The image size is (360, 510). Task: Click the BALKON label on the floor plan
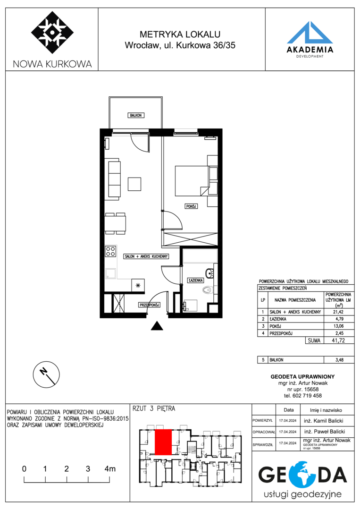click(x=135, y=116)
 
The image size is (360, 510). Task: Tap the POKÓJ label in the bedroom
click(x=191, y=206)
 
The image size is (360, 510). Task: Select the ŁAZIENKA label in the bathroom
click(x=196, y=280)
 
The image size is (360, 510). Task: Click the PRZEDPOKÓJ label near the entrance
click(x=149, y=305)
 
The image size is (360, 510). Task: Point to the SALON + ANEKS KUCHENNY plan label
click(x=146, y=256)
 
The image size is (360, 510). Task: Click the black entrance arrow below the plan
click(x=157, y=325)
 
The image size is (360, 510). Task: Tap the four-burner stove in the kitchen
click(x=110, y=251)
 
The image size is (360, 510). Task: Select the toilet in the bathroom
click(x=207, y=289)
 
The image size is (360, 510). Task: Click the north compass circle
click(x=46, y=374)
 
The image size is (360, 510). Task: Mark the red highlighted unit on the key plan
click(x=163, y=442)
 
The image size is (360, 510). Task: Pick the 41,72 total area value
click(x=339, y=340)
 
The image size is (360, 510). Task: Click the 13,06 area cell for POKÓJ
click(x=339, y=326)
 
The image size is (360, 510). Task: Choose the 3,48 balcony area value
click(x=339, y=360)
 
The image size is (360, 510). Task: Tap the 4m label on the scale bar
click(x=110, y=469)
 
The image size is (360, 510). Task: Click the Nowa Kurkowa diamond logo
click(x=52, y=33)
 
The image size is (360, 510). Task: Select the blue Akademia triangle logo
click(x=310, y=32)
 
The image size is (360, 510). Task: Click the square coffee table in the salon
click(x=134, y=184)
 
